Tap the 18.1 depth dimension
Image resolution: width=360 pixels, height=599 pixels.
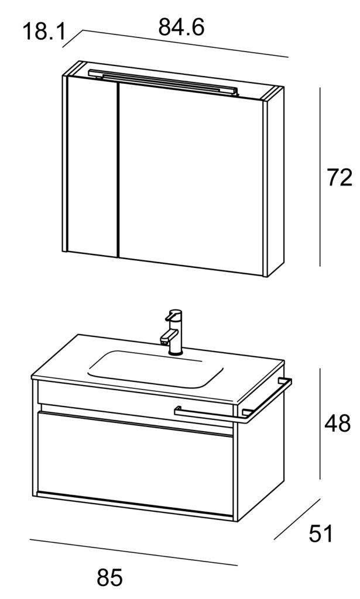pos(44,32)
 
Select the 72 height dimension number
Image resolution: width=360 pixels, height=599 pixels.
pos(339,178)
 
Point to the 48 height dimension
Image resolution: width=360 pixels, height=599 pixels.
pos(337,424)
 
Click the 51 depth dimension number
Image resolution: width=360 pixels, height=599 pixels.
pos(321,533)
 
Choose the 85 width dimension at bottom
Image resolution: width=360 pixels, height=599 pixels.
pos(109,577)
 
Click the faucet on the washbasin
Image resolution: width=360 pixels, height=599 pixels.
pos(173,332)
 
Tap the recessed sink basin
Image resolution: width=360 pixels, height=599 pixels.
pos(156,369)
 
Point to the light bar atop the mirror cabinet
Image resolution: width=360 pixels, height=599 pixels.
pos(163,82)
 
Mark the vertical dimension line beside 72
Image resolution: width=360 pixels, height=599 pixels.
pos(320,177)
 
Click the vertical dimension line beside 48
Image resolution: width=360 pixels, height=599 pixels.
pos(320,424)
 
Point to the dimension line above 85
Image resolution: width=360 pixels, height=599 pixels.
pos(133,552)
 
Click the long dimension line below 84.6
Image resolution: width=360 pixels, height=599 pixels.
pos(186,43)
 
